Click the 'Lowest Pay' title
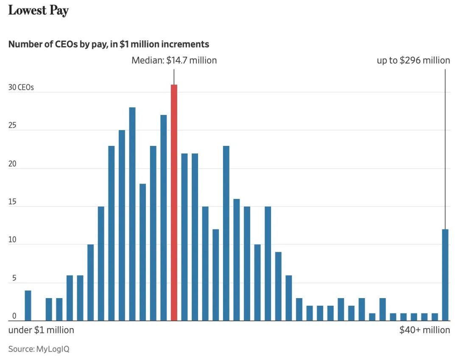coord(39,11)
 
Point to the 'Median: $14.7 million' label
coord(174,60)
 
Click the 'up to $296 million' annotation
coord(413,60)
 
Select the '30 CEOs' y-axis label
coord(21,88)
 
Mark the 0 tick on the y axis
coord(14,316)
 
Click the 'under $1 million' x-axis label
coord(41,330)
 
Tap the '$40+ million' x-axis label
coord(424,330)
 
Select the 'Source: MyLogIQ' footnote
coord(39,349)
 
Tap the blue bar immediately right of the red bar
coord(184,237)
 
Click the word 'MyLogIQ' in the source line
coord(53,349)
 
